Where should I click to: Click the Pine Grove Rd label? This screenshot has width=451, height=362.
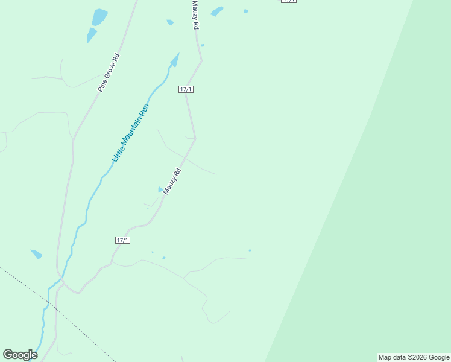click(109, 73)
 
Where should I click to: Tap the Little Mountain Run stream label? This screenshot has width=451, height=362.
click(130, 133)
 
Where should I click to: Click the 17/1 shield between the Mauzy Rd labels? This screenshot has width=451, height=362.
click(186, 89)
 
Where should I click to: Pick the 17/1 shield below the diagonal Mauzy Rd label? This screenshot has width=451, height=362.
click(122, 240)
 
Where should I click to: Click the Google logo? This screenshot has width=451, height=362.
click(20, 355)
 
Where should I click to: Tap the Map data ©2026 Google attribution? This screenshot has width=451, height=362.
click(414, 357)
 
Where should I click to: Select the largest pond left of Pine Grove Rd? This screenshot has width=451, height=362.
click(99, 16)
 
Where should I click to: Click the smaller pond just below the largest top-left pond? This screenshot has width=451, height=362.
click(91, 35)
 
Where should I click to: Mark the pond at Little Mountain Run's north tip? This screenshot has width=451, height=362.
click(175, 60)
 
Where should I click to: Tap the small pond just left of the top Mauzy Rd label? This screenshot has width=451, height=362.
click(170, 22)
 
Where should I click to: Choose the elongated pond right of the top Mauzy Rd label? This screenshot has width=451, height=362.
click(216, 11)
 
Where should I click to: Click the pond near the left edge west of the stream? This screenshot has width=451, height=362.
click(36, 254)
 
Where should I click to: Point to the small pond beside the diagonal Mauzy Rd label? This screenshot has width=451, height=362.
click(160, 189)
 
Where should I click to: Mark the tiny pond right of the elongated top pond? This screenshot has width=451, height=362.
click(246, 11)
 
